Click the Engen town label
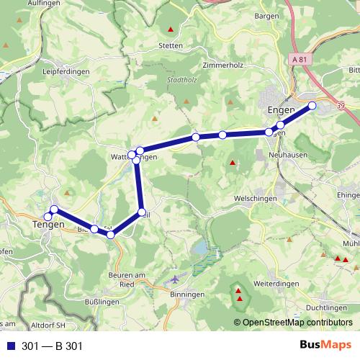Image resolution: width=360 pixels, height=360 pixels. click(x=282, y=109)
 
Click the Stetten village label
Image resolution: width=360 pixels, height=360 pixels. click(x=171, y=45)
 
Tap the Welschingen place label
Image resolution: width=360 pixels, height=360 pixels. click(x=255, y=198)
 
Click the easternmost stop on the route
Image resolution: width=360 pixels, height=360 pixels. click(x=312, y=107)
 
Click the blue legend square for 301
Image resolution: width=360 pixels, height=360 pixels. click(x=11, y=346)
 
